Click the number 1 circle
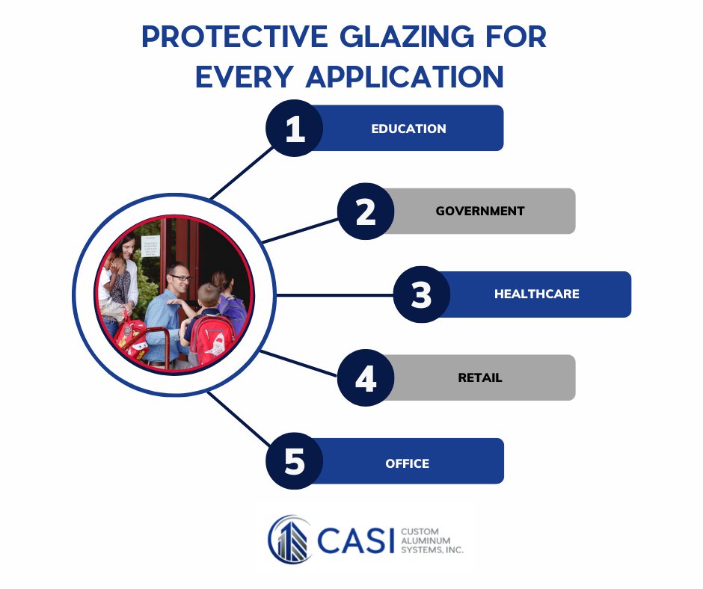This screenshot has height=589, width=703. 295,129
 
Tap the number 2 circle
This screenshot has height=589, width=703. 366,212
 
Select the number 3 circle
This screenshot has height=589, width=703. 422,294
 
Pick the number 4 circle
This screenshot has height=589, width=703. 366,378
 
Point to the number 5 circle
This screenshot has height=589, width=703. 295,461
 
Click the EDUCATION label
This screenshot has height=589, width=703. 408,129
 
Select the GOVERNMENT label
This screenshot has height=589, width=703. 480,211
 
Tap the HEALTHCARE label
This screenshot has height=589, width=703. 536,294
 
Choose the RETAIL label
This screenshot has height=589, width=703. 480,377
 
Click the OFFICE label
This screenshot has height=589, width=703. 408,463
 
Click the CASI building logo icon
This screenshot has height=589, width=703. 289,538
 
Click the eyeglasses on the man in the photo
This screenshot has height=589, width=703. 180,278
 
